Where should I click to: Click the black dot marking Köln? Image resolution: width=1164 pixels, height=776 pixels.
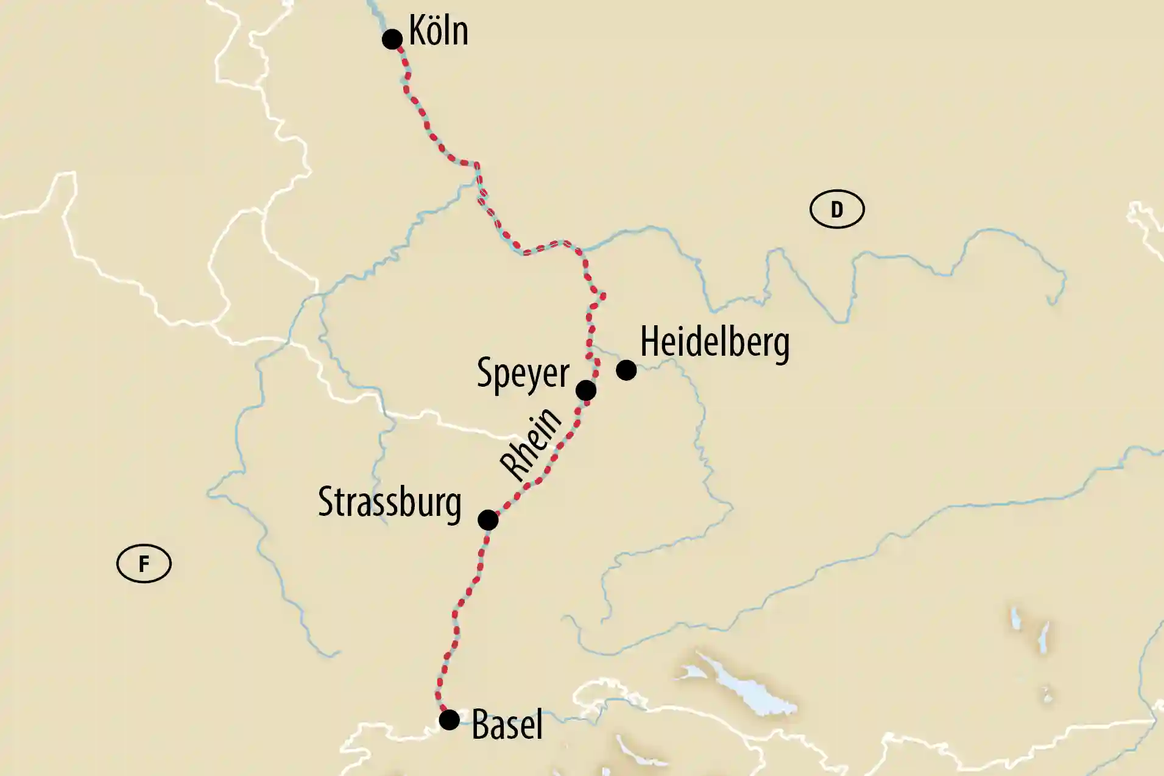coord(392,40)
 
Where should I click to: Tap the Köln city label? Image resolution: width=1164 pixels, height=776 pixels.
coord(439,30)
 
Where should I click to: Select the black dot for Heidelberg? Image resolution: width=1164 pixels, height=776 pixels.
coord(626,370)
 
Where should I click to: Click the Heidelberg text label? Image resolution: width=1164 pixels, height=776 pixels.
coord(714,343)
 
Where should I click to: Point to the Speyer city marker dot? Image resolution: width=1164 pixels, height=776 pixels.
coord(586,390)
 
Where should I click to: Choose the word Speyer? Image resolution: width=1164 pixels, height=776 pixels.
coord(523,373)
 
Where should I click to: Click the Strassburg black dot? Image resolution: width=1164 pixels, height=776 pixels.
coord(488,520)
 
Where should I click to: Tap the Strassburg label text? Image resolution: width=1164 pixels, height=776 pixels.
coord(390,503)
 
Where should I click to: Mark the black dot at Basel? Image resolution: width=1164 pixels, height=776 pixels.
coord(450,720)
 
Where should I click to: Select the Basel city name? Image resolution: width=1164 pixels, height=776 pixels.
coord(507,725)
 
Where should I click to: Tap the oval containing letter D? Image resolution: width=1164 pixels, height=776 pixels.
coord(837,210)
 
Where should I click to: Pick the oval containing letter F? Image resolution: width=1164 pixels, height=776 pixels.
coord(144,564)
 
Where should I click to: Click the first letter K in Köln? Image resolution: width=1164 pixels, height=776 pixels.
coord(417,30)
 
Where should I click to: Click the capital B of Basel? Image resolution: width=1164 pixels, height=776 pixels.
coord(481,725)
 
